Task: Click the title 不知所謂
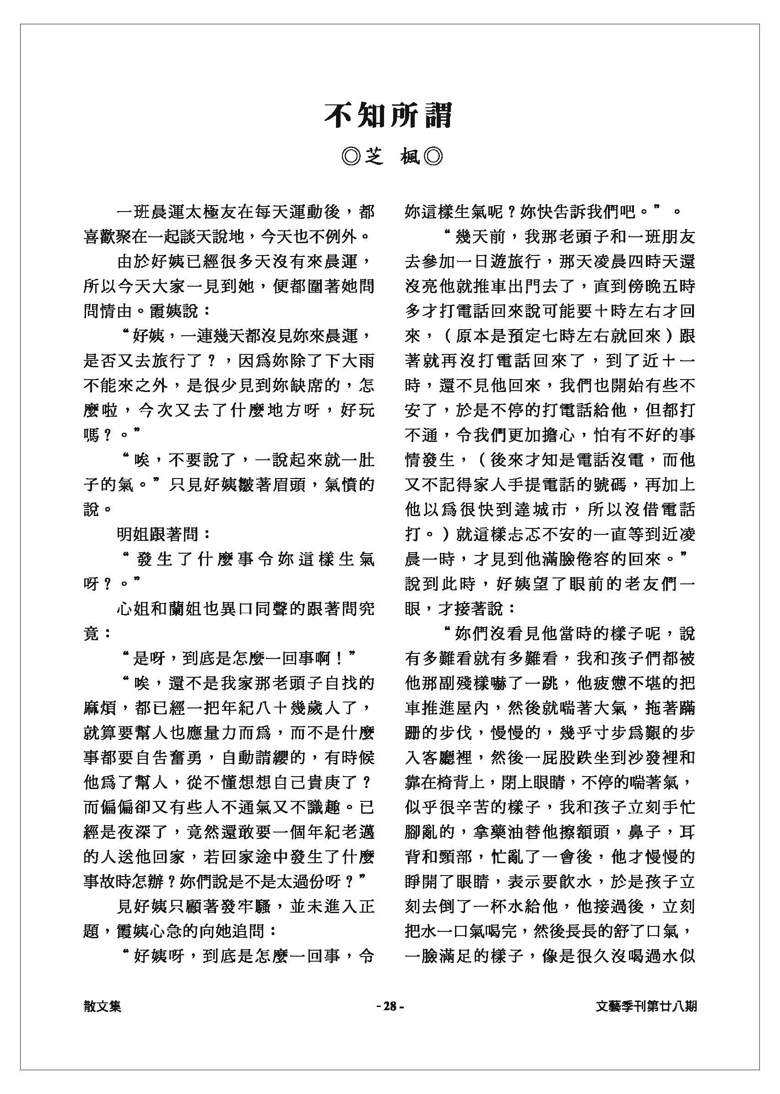389,116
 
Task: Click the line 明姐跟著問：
164,534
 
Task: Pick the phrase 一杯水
498,907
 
